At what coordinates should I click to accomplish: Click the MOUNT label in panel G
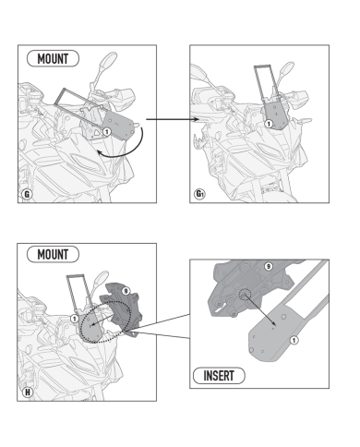tap(53, 58)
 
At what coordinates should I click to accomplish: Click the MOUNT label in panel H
tap(53, 255)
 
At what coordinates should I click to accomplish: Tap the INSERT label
tap(219, 376)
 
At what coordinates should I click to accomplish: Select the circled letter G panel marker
tap(27, 194)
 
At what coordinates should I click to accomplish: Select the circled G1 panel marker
tap(199, 194)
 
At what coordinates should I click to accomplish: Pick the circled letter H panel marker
tap(28, 393)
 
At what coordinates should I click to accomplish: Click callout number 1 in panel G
tap(106, 132)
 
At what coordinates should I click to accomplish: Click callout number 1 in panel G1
tap(269, 124)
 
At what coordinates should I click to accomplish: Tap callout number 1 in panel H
tap(74, 319)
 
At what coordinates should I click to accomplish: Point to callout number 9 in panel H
tap(126, 291)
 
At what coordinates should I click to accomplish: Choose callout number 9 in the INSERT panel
tap(269, 266)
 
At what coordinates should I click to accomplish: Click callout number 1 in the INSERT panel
tap(294, 340)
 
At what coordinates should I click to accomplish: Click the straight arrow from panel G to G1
tap(172, 119)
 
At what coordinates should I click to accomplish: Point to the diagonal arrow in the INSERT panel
tap(259, 309)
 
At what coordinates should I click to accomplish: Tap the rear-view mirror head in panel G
tap(109, 59)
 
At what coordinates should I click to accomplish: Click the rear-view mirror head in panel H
tap(102, 277)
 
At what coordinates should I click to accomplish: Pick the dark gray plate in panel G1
tap(274, 116)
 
